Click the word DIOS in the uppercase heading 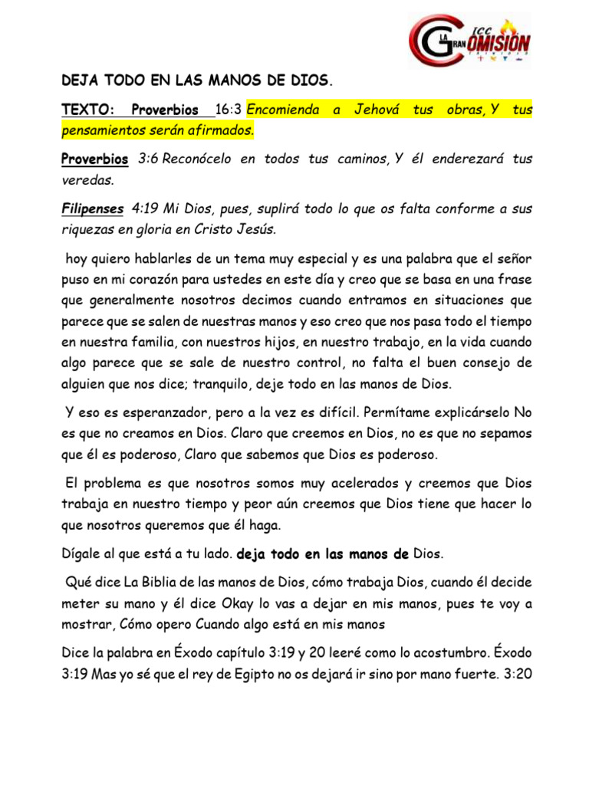pos(311,79)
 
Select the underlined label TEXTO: pos(87,110)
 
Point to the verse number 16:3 pos(229,110)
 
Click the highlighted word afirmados pos(221,130)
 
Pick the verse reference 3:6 pos(152,159)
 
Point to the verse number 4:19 pos(146,209)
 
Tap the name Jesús pos(249,228)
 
